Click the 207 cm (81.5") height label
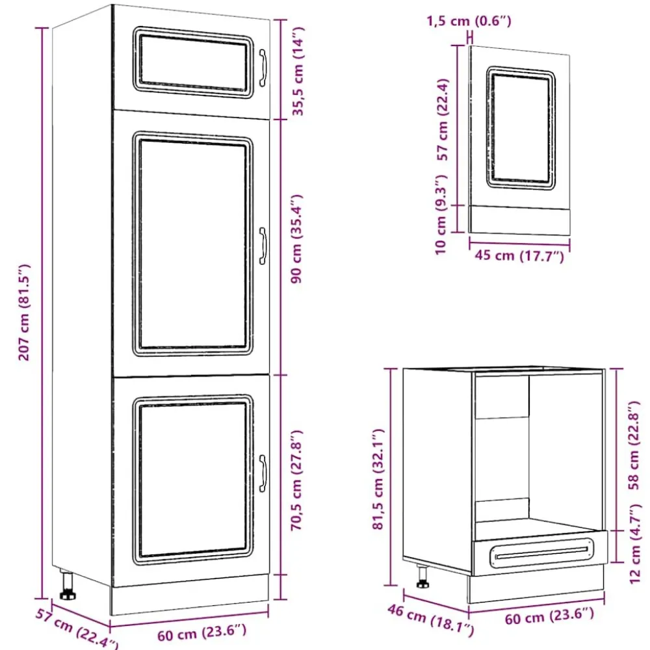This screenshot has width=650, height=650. pyautogui.click(x=25, y=312)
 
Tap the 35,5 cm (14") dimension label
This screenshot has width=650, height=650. pyautogui.click(x=298, y=71)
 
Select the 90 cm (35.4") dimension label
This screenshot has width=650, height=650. pyautogui.click(x=297, y=239)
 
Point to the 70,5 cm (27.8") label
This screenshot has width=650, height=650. pyautogui.click(x=297, y=480)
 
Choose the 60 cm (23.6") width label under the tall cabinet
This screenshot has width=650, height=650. pyautogui.click(x=202, y=632)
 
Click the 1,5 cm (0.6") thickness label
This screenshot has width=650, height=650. pyautogui.click(x=469, y=21)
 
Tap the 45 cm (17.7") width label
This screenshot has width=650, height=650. pyautogui.click(x=519, y=255)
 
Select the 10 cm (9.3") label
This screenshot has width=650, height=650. pyautogui.click(x=441, y=214)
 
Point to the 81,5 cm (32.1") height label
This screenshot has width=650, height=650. pyautogui.click(x=378, y=479)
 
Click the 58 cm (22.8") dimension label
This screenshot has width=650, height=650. pyautogui.click(x=634, y=445)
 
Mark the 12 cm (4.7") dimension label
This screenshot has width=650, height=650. pyautogui.click(x=634, y=543)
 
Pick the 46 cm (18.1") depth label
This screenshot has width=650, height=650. pyautogui.click(x=431, y=619)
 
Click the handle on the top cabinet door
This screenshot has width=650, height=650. pyautogui.click(x=263, y=68)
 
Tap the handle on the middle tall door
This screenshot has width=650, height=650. pyautogui.click(x=263, y=246)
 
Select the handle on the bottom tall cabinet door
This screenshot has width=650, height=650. pyautogui.click(x=263, y=473)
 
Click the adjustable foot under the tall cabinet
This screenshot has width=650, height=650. pyautogui.click(x=67, y=586)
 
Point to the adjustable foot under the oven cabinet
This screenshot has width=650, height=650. pyautogui.click(x=422, y=576)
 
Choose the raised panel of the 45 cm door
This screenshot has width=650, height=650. pyautogui.click(x=521, y=128)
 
